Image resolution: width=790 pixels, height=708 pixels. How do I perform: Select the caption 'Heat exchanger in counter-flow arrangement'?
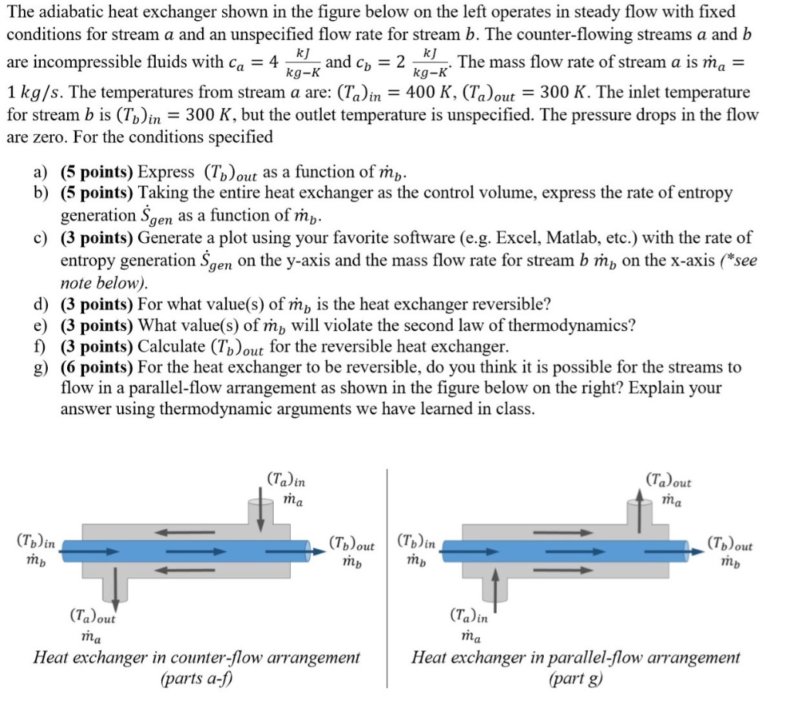click(196, 658)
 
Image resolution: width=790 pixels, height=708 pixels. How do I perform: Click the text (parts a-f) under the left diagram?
click(196, 679)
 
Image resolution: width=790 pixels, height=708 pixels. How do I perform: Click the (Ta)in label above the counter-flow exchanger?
click(285, 480)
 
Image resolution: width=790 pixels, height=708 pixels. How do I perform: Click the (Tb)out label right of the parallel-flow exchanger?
click(730, 545)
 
